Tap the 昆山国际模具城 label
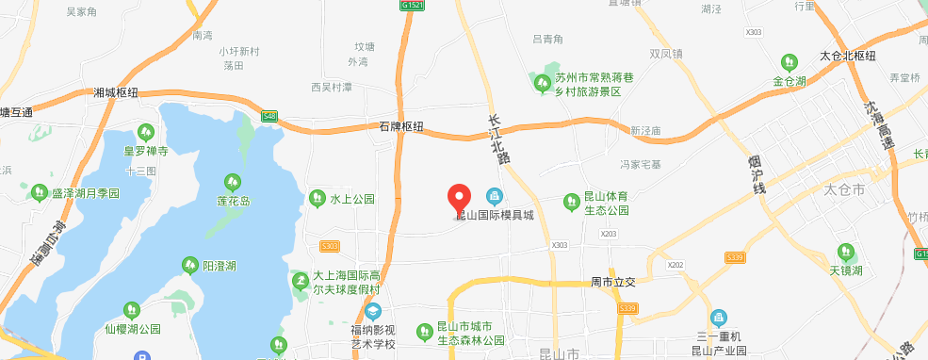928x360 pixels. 495,215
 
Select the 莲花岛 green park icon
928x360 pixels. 232,181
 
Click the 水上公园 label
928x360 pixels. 352,199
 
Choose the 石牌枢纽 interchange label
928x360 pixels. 400,126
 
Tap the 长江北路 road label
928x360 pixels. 499,139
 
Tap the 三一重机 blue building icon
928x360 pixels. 719,318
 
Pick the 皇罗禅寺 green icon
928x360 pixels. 144,132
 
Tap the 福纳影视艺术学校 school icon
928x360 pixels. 374,312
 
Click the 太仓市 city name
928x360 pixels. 844,189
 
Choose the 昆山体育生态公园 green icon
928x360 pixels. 570,201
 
